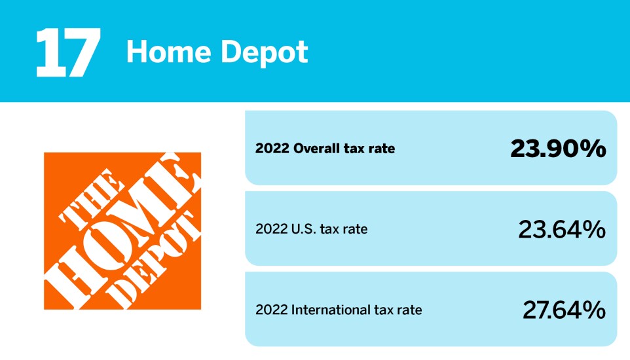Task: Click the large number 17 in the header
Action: tap(67, 52)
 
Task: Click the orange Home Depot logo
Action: tap(122, 230)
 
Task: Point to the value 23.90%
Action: tap(558, 149)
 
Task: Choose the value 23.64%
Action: tap(561, 229)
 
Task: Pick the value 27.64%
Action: tap(563, 310)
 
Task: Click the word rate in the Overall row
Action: tap(381, 149)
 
